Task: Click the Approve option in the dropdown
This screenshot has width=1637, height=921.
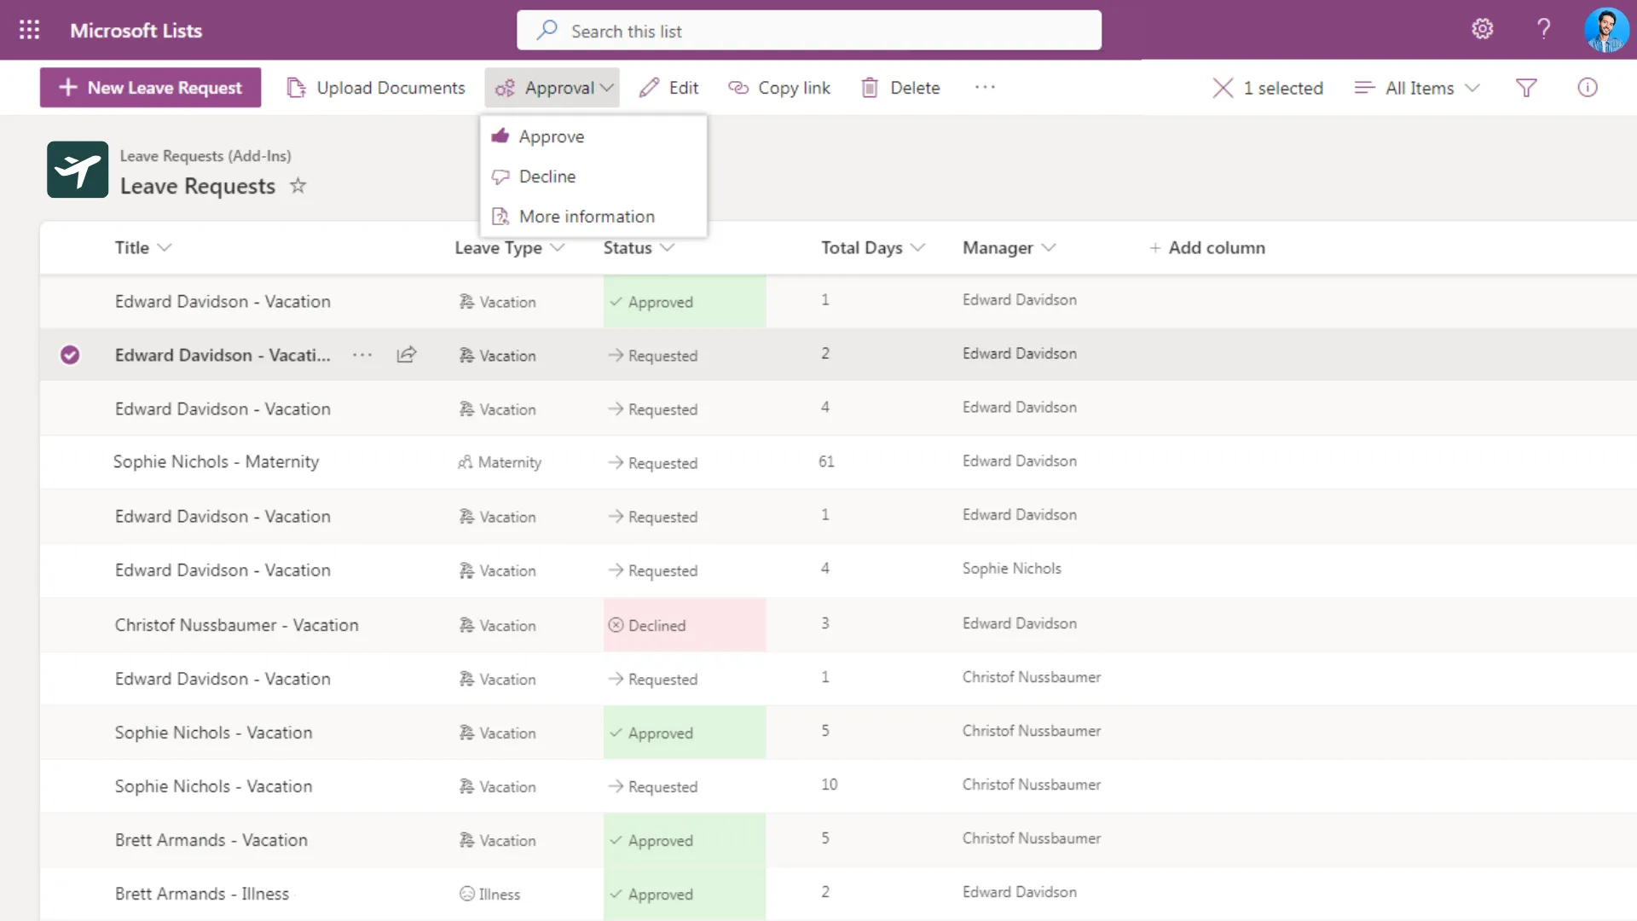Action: click(551, 136)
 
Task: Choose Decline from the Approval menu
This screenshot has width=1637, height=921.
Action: click(547, 177)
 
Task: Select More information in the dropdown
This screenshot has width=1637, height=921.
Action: click(586, 217)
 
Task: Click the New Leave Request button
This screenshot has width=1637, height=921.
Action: click(150, 88)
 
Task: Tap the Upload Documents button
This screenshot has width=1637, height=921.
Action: click(376, 88)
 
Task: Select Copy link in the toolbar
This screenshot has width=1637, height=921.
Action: click(779, 88)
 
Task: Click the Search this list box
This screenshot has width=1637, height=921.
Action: click(808, 31)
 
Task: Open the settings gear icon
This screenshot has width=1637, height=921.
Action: click(1483, 29)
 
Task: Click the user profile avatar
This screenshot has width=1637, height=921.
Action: click(1605, 30)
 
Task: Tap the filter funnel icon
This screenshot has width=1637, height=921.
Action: click(1526, 88)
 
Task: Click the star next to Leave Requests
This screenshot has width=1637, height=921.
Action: click(298, 185)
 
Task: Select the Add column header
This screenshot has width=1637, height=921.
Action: click(1207, 248)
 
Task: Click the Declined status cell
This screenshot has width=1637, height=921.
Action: click(684, 625)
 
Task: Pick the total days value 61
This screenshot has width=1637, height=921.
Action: click(826, 461)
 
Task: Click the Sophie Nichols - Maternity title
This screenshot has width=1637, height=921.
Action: click(216, 461)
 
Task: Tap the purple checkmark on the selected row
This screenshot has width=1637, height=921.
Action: click(70, 355)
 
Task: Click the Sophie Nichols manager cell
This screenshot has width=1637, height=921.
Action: click(1011, 569)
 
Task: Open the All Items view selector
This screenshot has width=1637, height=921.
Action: click(1417, 88)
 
